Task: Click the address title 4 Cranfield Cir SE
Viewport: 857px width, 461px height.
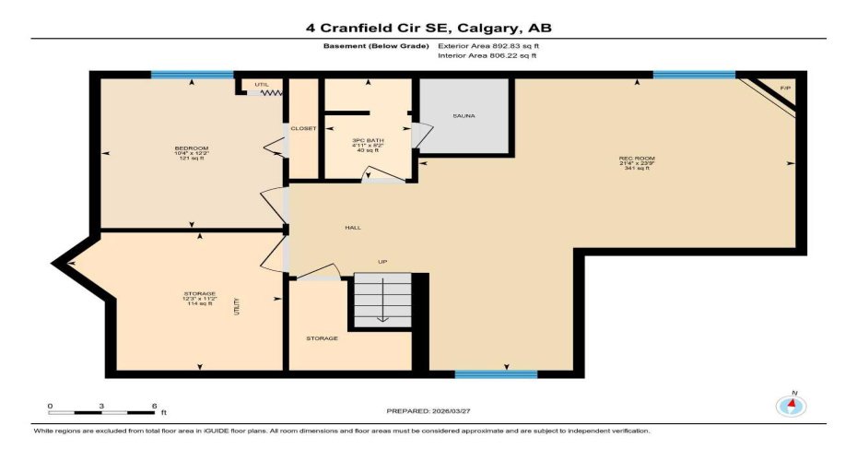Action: pos(428,28)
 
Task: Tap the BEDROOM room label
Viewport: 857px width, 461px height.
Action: pos(192,148)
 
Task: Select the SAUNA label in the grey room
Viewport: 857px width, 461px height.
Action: pos(464,116)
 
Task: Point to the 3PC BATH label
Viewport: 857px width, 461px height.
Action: pos(366,140)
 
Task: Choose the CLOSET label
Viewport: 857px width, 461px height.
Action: pos(303,128)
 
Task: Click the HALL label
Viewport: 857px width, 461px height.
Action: pos(352,227)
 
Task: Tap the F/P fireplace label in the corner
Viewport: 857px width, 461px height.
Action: pos(785,89)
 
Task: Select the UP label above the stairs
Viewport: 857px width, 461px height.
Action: pos(382,262)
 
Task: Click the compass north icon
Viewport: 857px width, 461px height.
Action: pos(791,404)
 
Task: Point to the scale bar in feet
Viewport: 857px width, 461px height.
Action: pos(101,407)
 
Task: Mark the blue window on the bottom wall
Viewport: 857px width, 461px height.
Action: pos(496,373)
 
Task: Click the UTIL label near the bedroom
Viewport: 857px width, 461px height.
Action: pos(262,85)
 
